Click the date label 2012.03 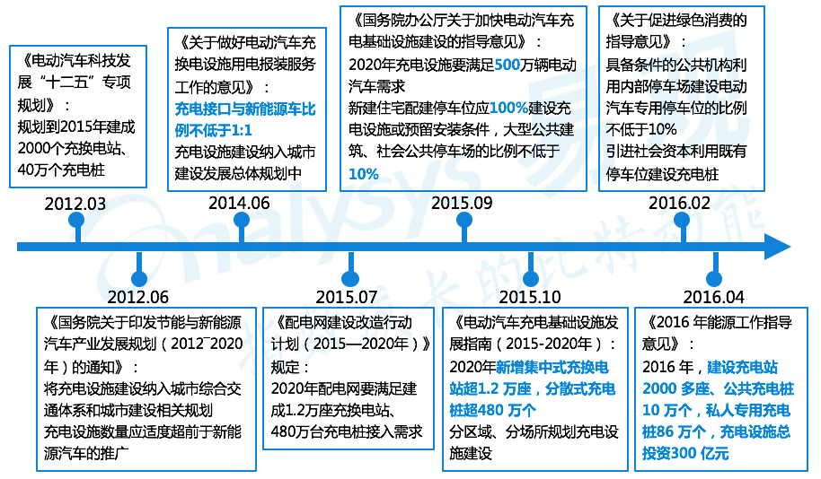(x=75, y=205)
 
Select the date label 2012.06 (x=137, y=297)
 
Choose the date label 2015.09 (x=462, y=204)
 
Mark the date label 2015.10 (x=530, y=297)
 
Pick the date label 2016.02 (x=680, y=204)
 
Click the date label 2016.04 (x=713, y=297)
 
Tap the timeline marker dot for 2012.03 (x=76, y=221)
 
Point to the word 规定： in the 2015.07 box (x=289, y=368)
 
